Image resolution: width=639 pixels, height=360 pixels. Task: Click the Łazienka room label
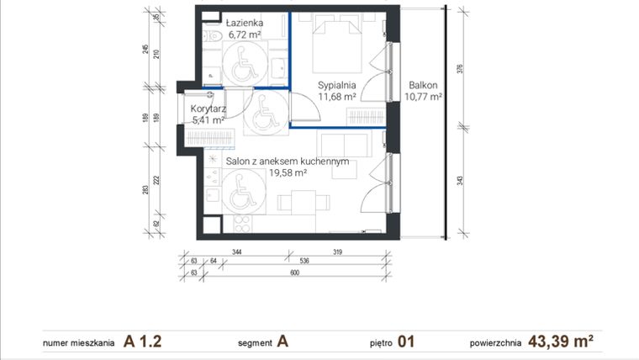[x=246, y=23]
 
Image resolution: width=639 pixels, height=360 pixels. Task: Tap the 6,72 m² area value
[x=246, y=34]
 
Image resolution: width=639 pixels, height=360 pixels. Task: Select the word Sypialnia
[x=338, y=85]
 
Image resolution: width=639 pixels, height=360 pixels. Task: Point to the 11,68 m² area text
[x=338, y=97]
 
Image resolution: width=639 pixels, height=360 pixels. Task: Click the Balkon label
[x=423, y=85]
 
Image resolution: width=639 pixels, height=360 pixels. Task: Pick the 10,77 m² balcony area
[x=423, y=97]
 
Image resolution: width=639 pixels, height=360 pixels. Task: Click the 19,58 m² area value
[x=288, y=172]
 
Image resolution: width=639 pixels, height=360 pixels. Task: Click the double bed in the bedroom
[x=338, y=47]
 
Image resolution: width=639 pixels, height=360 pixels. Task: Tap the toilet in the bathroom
[x=214, y=34]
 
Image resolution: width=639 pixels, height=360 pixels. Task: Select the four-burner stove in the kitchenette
[x=241, y=224]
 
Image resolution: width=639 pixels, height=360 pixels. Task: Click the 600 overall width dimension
[x=295, y=273]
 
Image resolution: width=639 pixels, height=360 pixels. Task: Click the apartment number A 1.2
[x=142, y=341]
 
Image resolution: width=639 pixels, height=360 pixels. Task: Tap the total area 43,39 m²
[x=560, y=341]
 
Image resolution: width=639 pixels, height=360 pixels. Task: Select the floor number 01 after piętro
[x=407, y=341]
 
